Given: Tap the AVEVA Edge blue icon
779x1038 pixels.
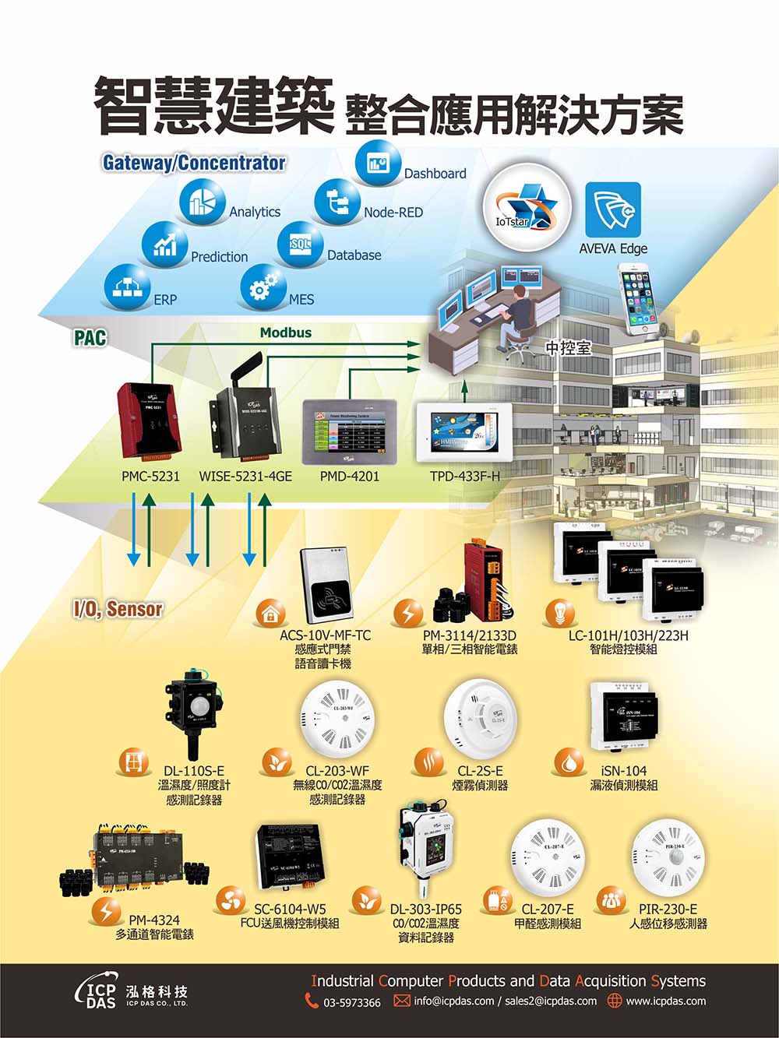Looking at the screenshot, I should pos(613,209).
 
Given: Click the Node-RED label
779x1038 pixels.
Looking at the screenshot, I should pos(393,212).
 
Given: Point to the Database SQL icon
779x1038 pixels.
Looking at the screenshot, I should pos(300,244).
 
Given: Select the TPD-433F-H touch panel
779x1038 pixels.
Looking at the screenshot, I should pos(464,432).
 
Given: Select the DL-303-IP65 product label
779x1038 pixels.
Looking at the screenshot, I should pos(425,909).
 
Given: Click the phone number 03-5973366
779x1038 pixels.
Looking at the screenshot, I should pos(352,1002).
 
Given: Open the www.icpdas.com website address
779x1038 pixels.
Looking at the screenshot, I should pos(666,1001).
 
